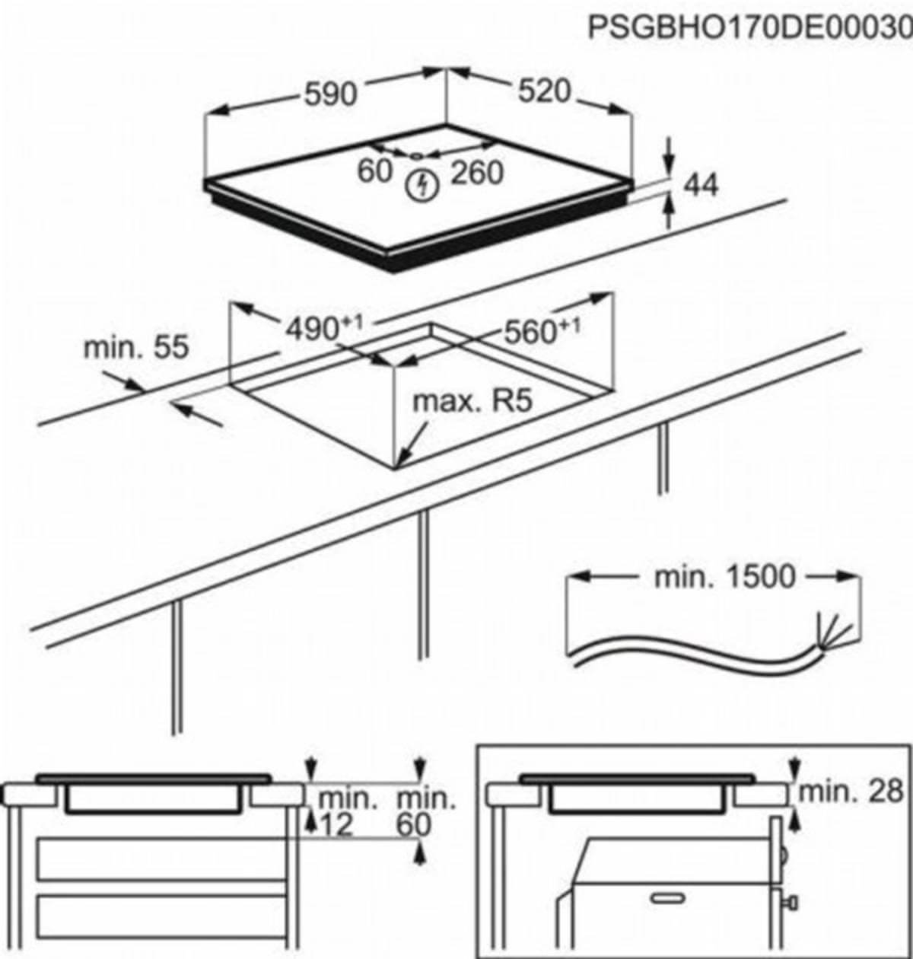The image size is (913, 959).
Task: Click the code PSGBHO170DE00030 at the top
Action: pyautogui.click(x=749, y=28)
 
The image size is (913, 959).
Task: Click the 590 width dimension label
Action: pyautogui.click(x=330, y=94)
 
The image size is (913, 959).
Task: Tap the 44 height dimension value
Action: pyautogui.click(x=701, y=185)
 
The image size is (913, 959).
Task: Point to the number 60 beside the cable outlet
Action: pyautogui.click(x=374, y=171)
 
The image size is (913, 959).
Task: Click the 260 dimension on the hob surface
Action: pyautogui.click(x=476, y=173)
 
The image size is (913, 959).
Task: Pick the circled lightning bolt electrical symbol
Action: pyautogui.click(x=420, y=186)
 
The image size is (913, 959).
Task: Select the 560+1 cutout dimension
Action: pyautogui.click(x=541, y=331)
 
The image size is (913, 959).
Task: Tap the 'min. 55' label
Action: pyautogui.click(x=135, y=348)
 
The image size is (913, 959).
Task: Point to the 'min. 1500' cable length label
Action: pyautogui.click(x=714, y=577)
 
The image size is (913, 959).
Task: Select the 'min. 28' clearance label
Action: pyautogui.click(x=851, y=792)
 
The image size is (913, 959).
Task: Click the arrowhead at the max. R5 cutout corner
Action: pyautogui.click(x=402, y=460)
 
